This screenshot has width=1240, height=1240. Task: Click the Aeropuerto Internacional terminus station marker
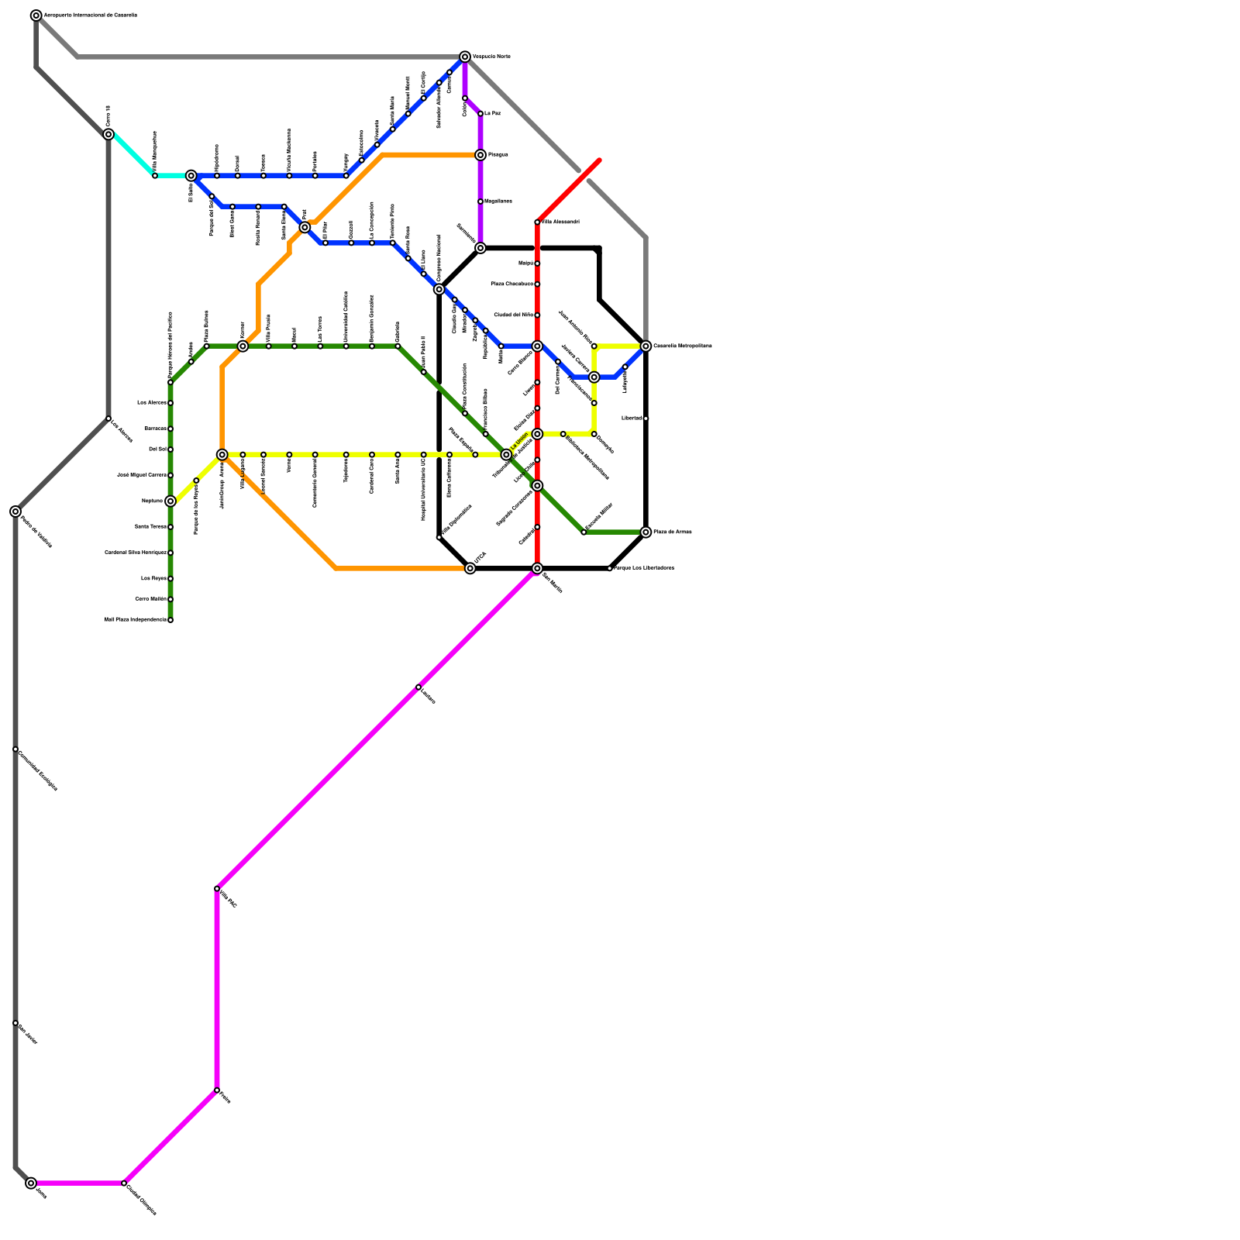click(x=36, y=15)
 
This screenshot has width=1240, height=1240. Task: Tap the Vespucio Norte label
click(x=491, y=57)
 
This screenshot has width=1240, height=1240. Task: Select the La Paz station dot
click(x=480, y=114)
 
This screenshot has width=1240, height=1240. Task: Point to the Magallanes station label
click(x=498, y=201)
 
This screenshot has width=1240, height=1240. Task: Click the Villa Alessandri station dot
click(x=537, y=222)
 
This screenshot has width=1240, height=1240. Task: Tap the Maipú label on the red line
click(x=525, y=263)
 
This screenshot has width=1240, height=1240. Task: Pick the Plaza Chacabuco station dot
click(x=537, y=284)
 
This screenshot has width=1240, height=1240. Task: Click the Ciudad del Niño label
click(x=513, y=315)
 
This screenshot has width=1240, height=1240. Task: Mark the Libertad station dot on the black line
click(x=646, y=418)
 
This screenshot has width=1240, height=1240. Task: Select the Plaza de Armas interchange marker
click(x=646, y=532)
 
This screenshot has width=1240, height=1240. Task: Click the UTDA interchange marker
click(x=470, y=569)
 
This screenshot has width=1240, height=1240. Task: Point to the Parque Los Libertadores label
click(x=644, y=569)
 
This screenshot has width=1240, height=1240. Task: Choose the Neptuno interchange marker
click(x=170, y=501)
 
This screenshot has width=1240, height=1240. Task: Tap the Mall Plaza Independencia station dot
click(x=170, y=620)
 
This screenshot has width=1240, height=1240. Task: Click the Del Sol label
click(x=157, y=449)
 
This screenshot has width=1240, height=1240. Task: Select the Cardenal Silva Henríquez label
click(x=136, y=553)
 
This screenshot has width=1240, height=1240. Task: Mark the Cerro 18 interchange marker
click(x=108, y=135)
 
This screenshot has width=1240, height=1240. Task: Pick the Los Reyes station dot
click(x=170, y=579)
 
